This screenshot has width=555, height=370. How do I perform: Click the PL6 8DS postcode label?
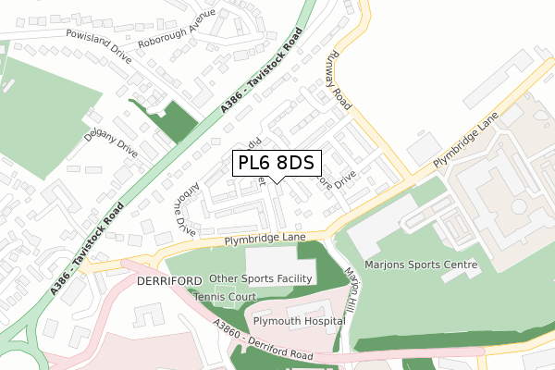[276, 164]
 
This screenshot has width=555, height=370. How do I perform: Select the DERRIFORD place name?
[169, 280]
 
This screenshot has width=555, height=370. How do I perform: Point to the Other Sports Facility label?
[263, 277]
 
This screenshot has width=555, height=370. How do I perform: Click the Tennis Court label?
[225, 297]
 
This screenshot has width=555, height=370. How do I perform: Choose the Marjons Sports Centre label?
[421, 265]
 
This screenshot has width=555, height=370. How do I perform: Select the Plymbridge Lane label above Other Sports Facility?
[264, 240]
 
